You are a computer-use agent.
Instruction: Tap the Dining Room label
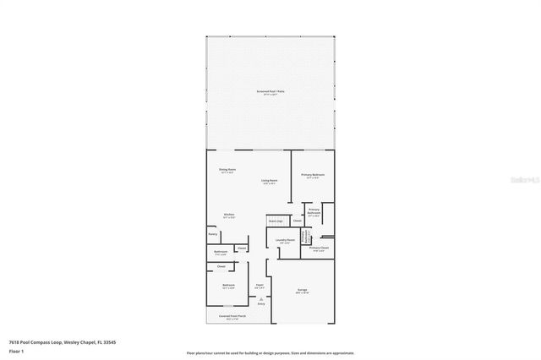click(x=227, y=170)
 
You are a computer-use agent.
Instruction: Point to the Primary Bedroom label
click(x=313, y=175)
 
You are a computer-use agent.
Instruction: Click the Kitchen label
click(x=228, y=215)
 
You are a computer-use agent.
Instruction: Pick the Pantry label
click(x=212, y=233)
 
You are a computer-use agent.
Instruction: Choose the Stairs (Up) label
click(x=275, y=221)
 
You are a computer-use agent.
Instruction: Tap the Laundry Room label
click(x=285, y=239)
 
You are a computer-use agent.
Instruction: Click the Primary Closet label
click(x=319, y=248)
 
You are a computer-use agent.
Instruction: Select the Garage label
click(x=302, y=290)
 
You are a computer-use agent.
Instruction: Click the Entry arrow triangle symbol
click(x=260, y=297)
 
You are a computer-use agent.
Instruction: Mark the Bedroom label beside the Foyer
click(x=228, y=286)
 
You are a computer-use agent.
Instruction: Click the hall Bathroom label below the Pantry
click(x=220, y=251)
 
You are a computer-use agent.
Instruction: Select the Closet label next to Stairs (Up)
click(x=297, y=221)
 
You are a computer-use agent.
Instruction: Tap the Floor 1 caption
click(x=16, y=350)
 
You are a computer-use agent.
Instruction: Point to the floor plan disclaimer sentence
click(x=270, y=353)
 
